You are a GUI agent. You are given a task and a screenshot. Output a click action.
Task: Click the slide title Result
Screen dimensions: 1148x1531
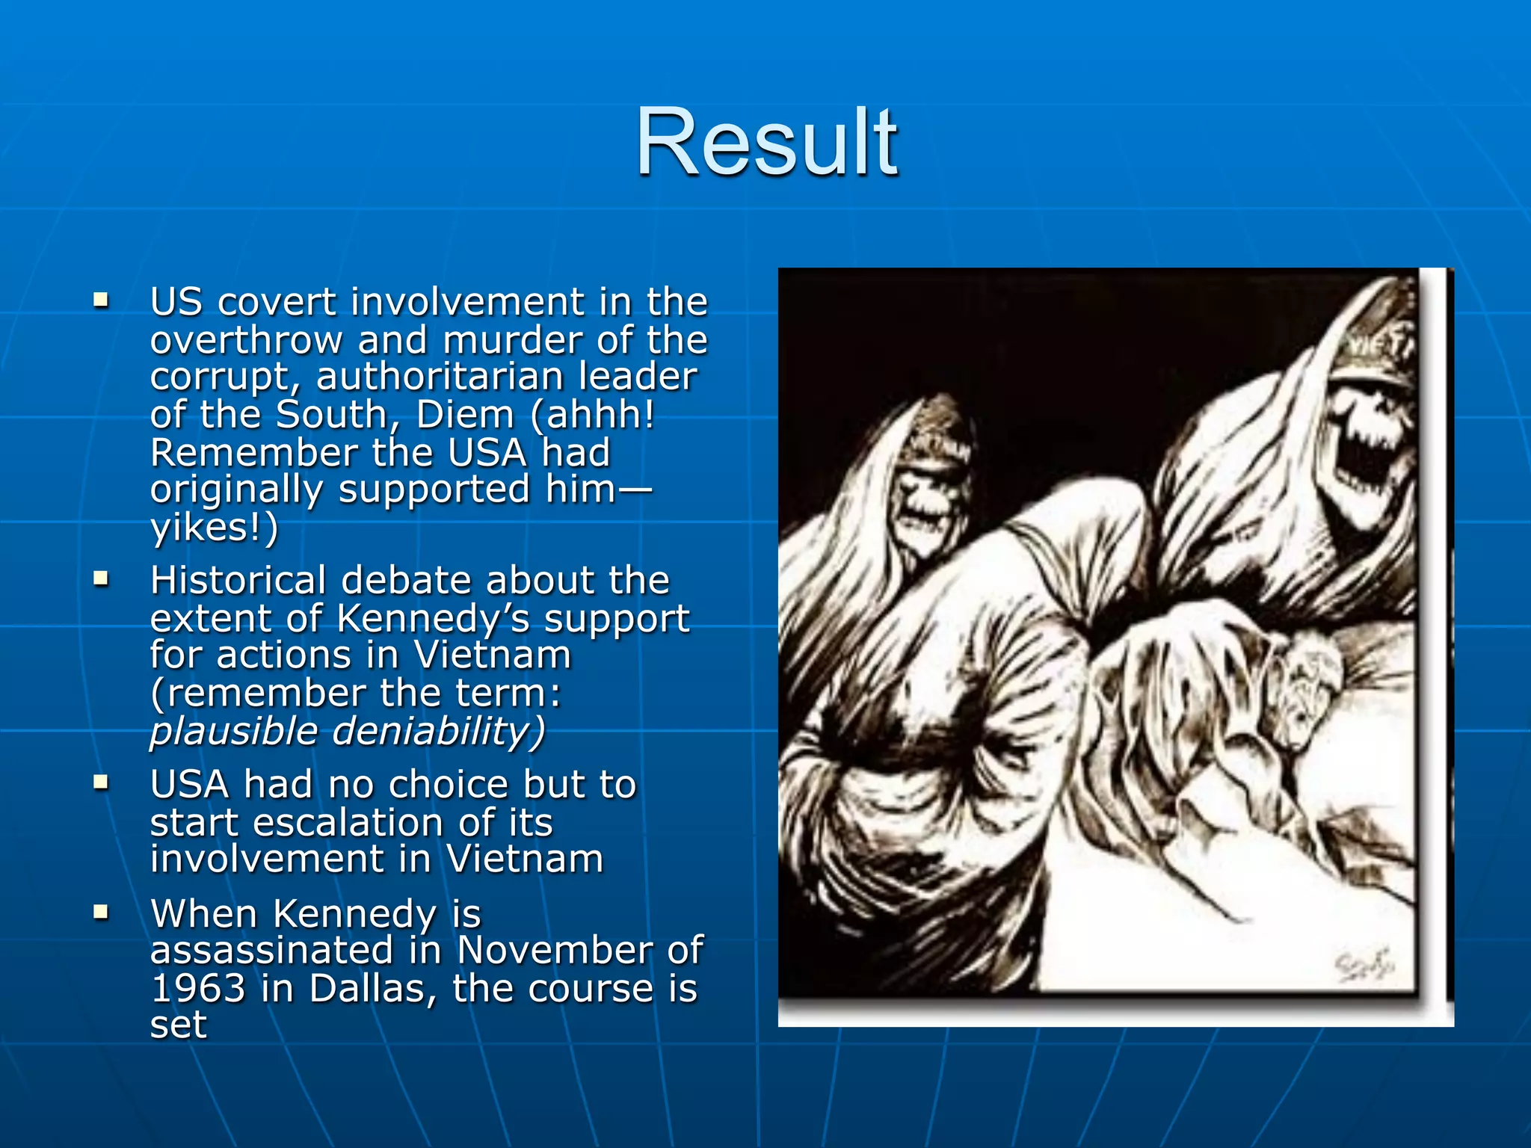click(765, 142)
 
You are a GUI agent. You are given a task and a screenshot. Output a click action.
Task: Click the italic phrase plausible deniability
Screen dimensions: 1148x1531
click(348, 731)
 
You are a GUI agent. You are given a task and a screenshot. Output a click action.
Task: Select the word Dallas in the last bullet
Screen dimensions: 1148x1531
click(372, 988)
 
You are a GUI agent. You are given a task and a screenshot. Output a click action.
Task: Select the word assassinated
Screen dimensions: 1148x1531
click(271, 951)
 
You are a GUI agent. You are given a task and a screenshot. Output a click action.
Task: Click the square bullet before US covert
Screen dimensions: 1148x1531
click(101, 301)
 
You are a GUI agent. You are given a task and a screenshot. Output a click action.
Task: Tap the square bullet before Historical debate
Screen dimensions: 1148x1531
click(101, 579)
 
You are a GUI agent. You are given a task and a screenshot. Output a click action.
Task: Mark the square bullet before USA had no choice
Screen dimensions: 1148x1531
click(101, 783)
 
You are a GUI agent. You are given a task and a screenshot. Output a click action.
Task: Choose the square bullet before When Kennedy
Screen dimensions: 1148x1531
click(101, 912)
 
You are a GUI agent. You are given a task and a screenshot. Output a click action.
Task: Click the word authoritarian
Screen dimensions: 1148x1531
click(439, 377)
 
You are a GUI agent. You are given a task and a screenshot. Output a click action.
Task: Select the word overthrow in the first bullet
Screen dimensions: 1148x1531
click(246, 340)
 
